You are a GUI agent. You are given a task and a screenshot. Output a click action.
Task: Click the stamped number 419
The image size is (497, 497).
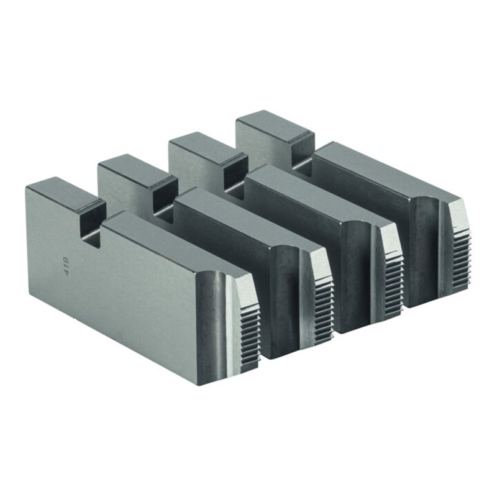tap(66, 267)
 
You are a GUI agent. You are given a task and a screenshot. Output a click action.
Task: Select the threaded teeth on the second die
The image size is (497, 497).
tap(323, 307)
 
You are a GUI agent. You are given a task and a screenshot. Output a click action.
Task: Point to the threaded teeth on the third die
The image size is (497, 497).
tap(394, 279)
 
